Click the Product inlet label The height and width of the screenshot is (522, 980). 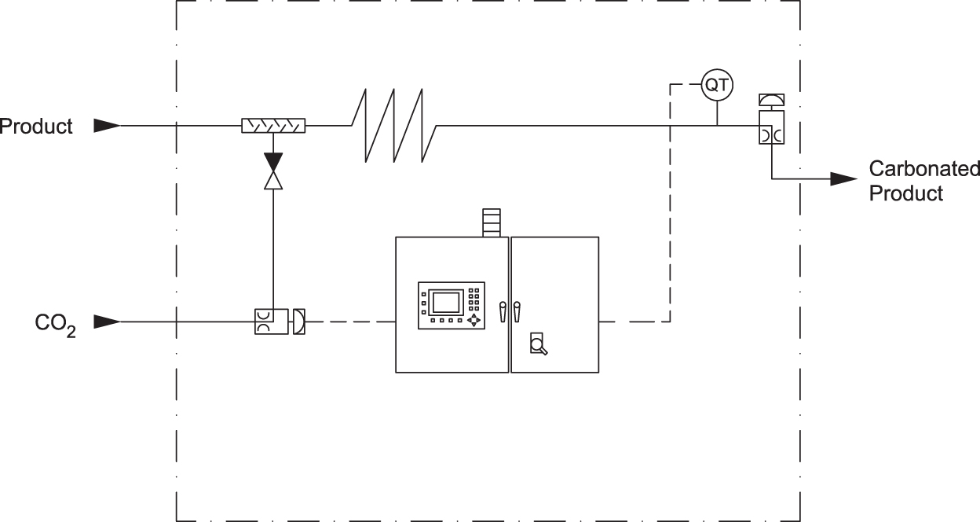tap(37, 126)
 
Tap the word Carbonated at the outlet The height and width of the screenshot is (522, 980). tap(923, 168)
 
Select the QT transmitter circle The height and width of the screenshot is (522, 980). tap(716, 85)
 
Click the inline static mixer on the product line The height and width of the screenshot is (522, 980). tap(272, 125)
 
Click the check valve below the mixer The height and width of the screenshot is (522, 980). tap(272, 171)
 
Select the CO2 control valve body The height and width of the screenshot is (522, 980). tap(272, 322)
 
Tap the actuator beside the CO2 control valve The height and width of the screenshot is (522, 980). tap(298, 322)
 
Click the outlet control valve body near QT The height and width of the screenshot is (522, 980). tap(772, 127)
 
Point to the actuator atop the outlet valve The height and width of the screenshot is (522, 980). tap(772, 99)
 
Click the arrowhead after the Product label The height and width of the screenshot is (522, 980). tap(107, 125)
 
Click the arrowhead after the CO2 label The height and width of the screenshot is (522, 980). tap(107, 322)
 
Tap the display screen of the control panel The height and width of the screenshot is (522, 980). tap(445, 303)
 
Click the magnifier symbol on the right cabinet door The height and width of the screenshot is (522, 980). tap(538, 344)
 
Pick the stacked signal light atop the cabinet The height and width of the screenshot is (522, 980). tap(491, 222)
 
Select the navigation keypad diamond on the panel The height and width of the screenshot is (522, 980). tap(474, 320)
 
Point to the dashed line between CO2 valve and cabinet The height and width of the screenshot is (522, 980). tap(350, 322)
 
